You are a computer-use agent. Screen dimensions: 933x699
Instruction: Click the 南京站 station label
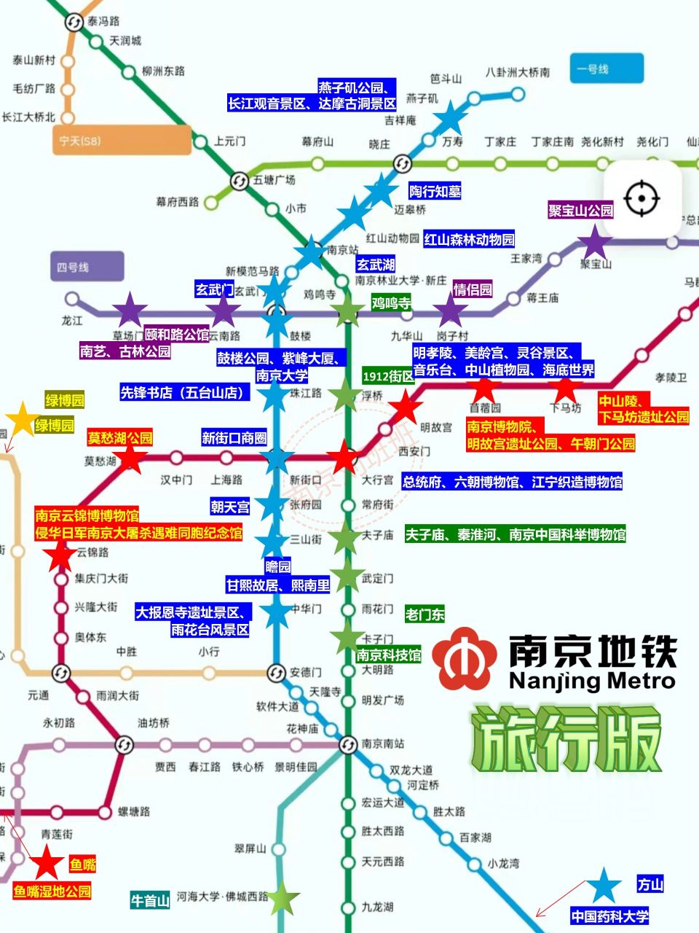(342, 250)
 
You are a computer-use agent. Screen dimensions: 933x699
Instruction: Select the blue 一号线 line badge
(607, 69)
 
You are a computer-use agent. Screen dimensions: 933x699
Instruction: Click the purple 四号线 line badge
(87, 268)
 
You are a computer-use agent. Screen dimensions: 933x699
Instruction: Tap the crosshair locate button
(641, 198)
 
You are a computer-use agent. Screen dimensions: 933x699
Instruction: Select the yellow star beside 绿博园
(23, 419)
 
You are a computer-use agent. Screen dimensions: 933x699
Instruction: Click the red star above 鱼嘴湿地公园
(47, 862)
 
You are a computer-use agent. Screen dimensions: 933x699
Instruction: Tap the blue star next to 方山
(604, 885)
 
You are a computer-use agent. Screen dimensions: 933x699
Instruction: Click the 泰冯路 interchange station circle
(74, 22)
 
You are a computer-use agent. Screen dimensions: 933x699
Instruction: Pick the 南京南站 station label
(382, 743)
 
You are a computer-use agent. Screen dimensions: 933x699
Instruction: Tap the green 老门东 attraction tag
(424, 614)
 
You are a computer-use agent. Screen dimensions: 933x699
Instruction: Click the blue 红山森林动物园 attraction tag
(469, 239)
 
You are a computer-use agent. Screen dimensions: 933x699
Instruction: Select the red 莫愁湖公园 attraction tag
(120, 438)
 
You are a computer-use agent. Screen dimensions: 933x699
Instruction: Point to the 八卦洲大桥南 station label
(518, 72)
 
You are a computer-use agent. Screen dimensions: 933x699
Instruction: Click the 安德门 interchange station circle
(276, 672)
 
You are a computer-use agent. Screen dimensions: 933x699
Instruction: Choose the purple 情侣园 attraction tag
(473, 289)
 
